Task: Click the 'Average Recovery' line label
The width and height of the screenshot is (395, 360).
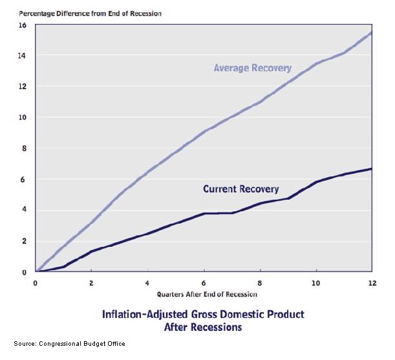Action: click(x=252, y=68)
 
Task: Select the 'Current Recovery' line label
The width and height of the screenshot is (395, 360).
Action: click(x=240, y=189)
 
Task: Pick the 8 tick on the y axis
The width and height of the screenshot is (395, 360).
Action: click(x=23, y=148)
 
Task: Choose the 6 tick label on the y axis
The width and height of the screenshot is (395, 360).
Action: click(x=23, y=179)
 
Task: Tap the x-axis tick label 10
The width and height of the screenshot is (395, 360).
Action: click(x=315, y=283)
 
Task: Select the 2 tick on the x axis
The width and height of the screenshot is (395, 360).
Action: click(x=92, y=283)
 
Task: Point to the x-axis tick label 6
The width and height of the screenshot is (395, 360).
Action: click(x=204, y=283)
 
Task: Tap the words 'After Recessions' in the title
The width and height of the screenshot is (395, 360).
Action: click(x=203, y=327)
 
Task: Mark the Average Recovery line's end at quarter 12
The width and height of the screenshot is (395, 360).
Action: click(x=371, y=32)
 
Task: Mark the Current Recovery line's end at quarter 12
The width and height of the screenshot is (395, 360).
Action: click(x=371, y=169)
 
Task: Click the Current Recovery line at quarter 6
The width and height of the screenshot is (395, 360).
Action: click(x=204, y=213)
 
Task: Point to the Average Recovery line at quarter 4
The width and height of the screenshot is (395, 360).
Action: click(x=147, y=172)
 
